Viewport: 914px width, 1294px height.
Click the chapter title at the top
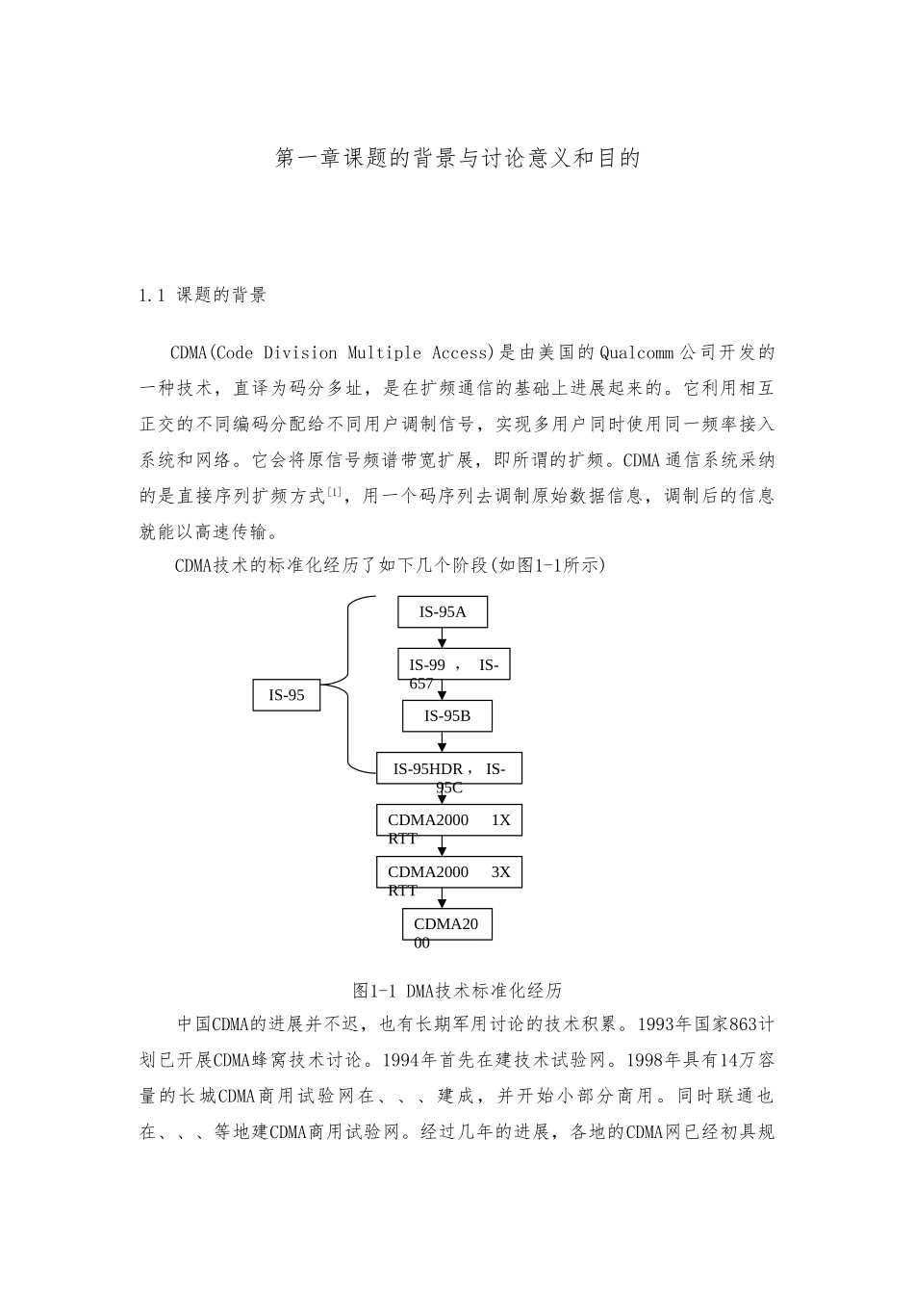tap(457, 158)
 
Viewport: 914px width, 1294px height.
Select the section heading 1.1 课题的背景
tap(203, 296)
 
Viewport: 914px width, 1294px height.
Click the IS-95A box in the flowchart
tap(443, 612)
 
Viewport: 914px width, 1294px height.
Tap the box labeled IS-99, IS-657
tap(453, 664)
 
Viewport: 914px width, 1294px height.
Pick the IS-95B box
tap(447, 715)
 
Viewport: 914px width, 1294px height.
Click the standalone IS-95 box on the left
tap(287, 694)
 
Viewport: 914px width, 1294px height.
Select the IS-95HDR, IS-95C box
tap(448, 768)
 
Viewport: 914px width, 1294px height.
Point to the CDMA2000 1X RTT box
tap(448, 820)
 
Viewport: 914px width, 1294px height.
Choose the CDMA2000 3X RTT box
tap(448, 872)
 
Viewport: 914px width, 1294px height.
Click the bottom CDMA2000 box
tap(446, 924)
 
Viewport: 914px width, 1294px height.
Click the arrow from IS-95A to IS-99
tap(443, 638)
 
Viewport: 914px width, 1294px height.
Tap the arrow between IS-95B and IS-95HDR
tap(443, 742)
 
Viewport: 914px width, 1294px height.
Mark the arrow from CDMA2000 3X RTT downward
tap(443, 898)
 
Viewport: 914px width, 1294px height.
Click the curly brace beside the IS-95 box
tap(348, 684)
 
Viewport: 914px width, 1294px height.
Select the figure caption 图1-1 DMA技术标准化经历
tap(457, 990)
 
